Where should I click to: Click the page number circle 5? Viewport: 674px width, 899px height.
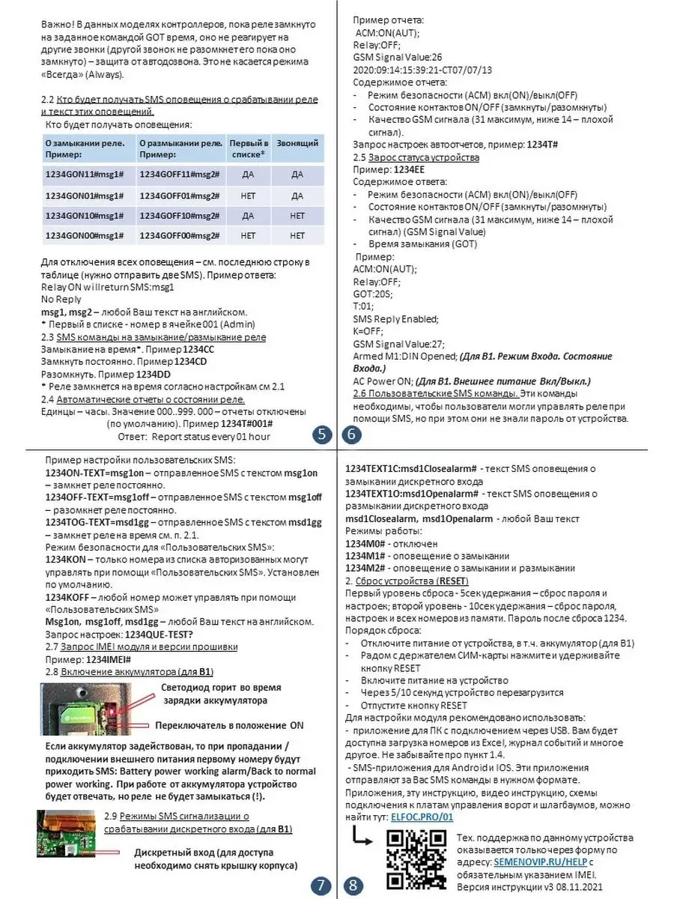pos(322,435)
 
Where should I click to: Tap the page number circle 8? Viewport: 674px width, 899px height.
pos(351,886)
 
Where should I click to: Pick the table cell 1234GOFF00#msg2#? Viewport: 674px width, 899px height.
pos(179,235)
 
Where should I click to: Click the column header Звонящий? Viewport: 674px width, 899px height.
pos(297,143)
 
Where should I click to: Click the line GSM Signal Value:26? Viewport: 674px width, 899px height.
pos(398,57)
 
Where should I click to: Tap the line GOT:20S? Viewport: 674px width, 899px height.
pos(373,294)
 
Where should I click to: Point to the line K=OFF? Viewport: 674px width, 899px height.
pos(368,332)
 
